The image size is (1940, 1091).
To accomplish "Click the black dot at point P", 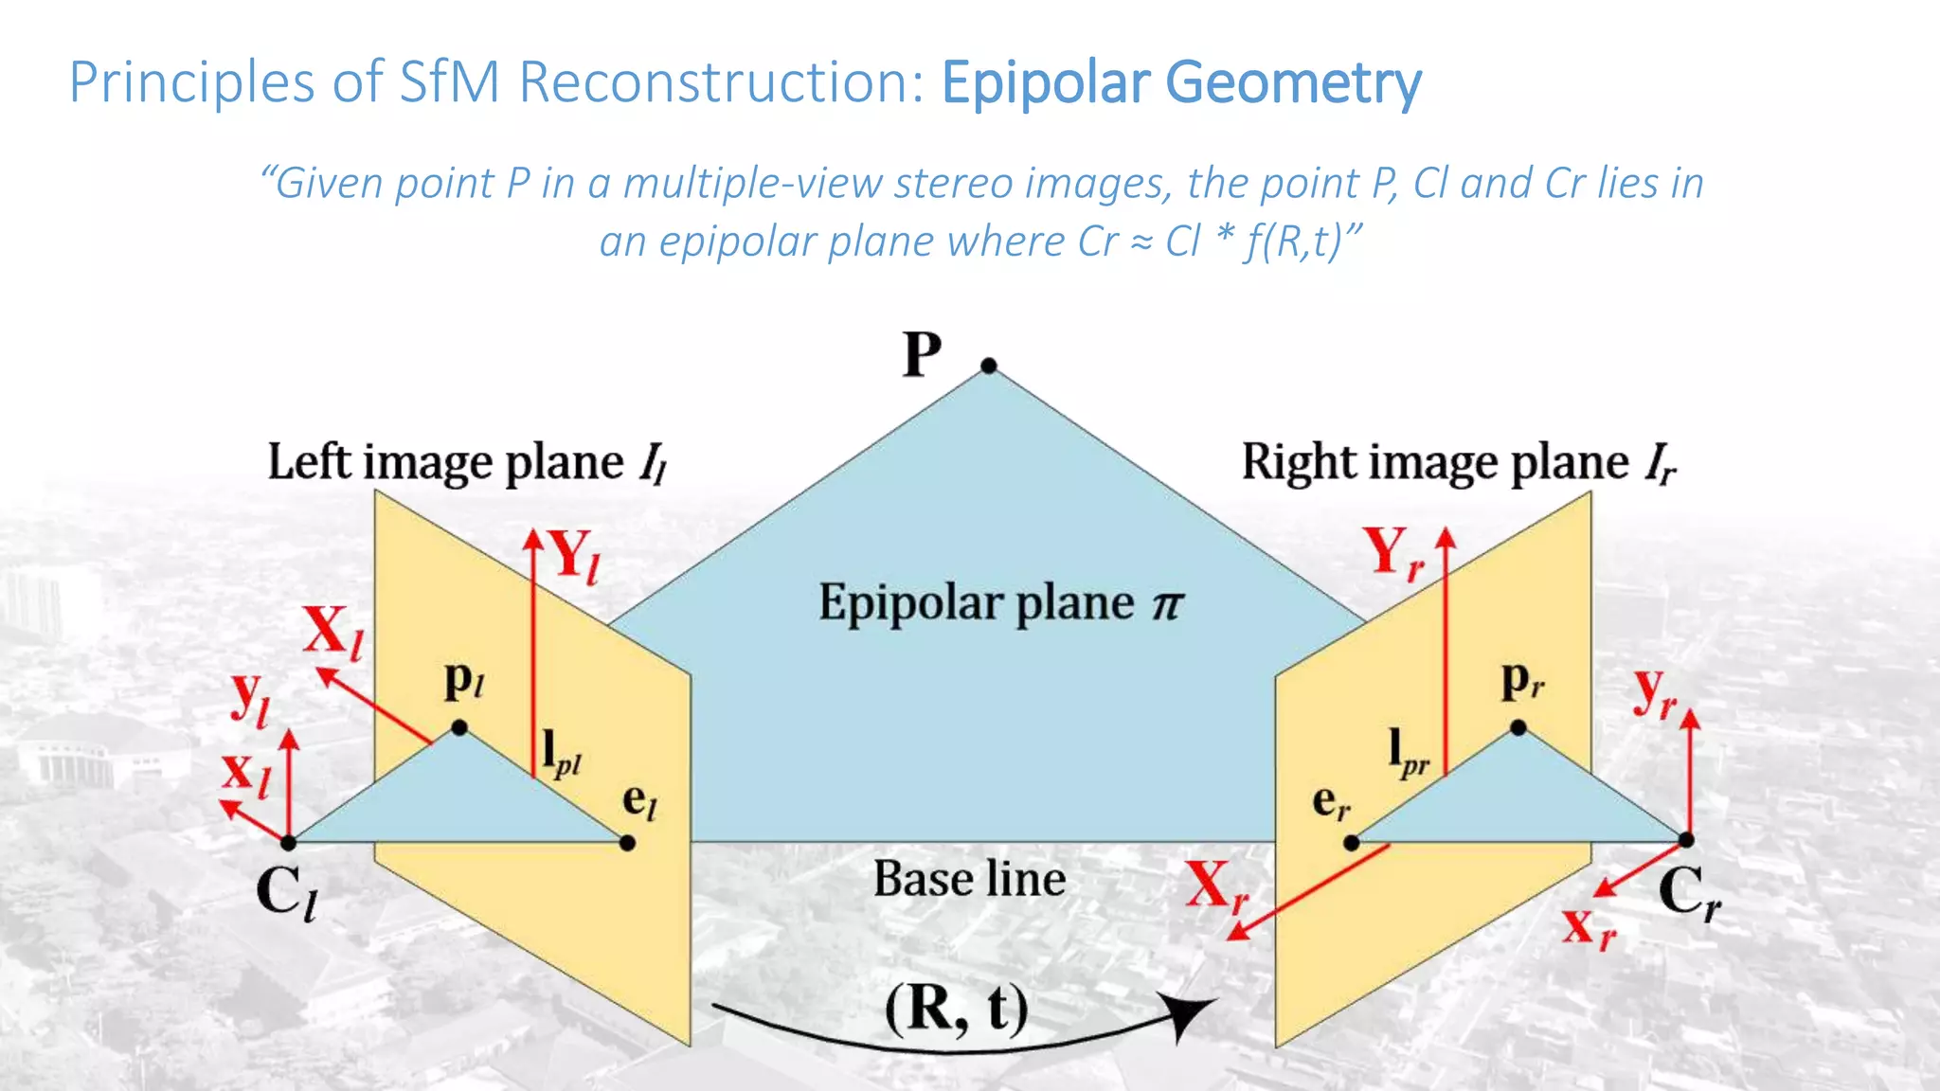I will click(989, 366).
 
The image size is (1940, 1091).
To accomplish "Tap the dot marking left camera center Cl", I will click(289, 842).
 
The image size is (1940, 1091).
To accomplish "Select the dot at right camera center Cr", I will click(1686, 840).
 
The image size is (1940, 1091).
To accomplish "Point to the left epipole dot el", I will click(627, 843).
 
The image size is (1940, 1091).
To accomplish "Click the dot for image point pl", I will click(459, 728).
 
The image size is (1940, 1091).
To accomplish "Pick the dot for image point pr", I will click(1518, 728).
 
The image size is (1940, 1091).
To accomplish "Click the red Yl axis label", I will click(574, 556).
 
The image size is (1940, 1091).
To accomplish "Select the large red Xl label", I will click(332, 632).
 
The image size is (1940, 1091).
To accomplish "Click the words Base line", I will click(969, 879).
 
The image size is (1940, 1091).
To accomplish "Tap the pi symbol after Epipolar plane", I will click(1167, 604).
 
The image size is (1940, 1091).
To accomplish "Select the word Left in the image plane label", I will click(309, 462).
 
